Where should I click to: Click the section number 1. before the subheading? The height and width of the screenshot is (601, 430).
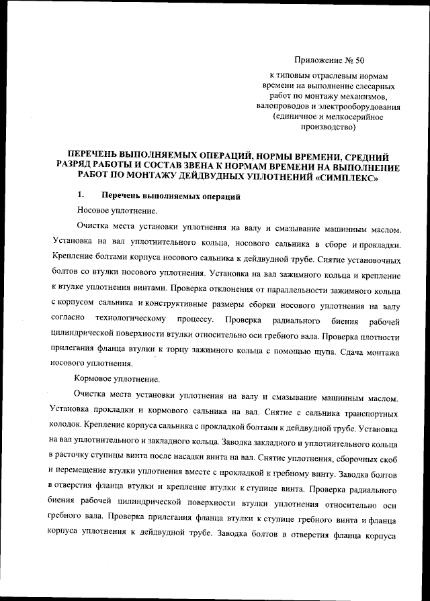pos(80,196)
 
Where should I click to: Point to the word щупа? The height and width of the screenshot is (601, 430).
pos(326,351)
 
